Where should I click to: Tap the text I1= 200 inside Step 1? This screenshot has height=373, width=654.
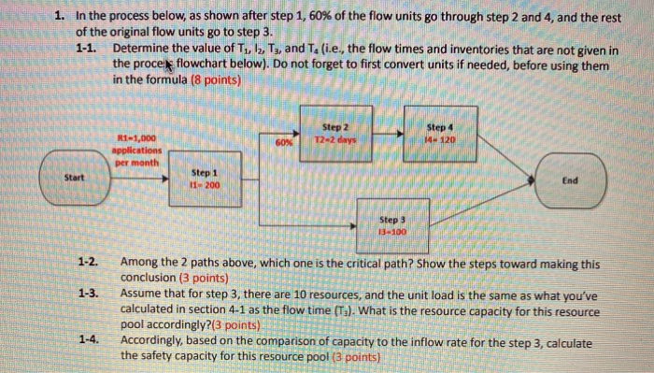[203, 186]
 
